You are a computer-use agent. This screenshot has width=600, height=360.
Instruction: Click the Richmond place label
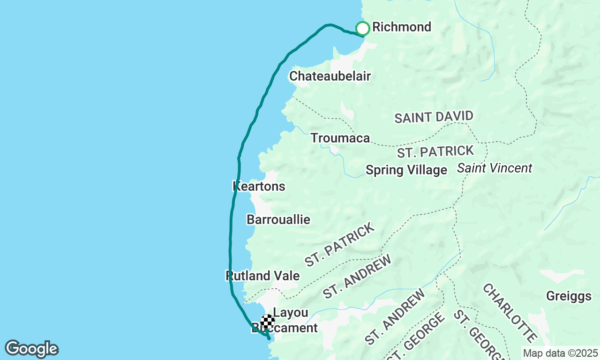(x=401, y=27)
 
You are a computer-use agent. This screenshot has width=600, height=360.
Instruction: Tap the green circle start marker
(x=362, y=29)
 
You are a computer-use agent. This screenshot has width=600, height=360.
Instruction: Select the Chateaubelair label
(x=330, y=76)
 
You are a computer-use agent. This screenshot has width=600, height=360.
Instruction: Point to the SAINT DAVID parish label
(x=434, y=117)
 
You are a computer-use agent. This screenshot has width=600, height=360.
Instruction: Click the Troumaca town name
(x=340, y=138)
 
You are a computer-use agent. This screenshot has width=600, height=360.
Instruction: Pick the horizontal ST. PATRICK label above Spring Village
(x=435, y=152)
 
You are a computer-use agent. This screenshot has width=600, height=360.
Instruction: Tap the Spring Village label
(x=406, y=170)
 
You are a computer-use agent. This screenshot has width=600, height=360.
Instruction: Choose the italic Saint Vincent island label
(x=495, y=168)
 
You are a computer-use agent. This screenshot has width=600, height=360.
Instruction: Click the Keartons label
(x=259, y=186)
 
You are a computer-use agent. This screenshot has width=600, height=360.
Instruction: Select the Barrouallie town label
(x=278, y=219)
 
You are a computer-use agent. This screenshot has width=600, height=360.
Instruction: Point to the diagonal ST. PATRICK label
(x=340, y=244)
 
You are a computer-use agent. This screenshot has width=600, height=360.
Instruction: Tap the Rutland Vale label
(x=262, y=276)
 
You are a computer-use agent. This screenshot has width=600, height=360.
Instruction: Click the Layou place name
(x=291, y=313)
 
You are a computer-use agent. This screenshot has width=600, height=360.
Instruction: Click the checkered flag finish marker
(x=268, y=321)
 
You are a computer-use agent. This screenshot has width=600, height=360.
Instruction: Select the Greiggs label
(x=569, y=296)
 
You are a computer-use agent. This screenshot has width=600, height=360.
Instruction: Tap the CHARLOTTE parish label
(x=510, y=313)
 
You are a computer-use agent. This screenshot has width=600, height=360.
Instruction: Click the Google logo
(x=31, y=349)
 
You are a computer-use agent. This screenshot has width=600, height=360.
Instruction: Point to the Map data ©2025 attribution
(x=560, y=353)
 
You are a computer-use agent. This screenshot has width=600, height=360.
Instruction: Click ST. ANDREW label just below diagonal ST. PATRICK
(x=357, y=277)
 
